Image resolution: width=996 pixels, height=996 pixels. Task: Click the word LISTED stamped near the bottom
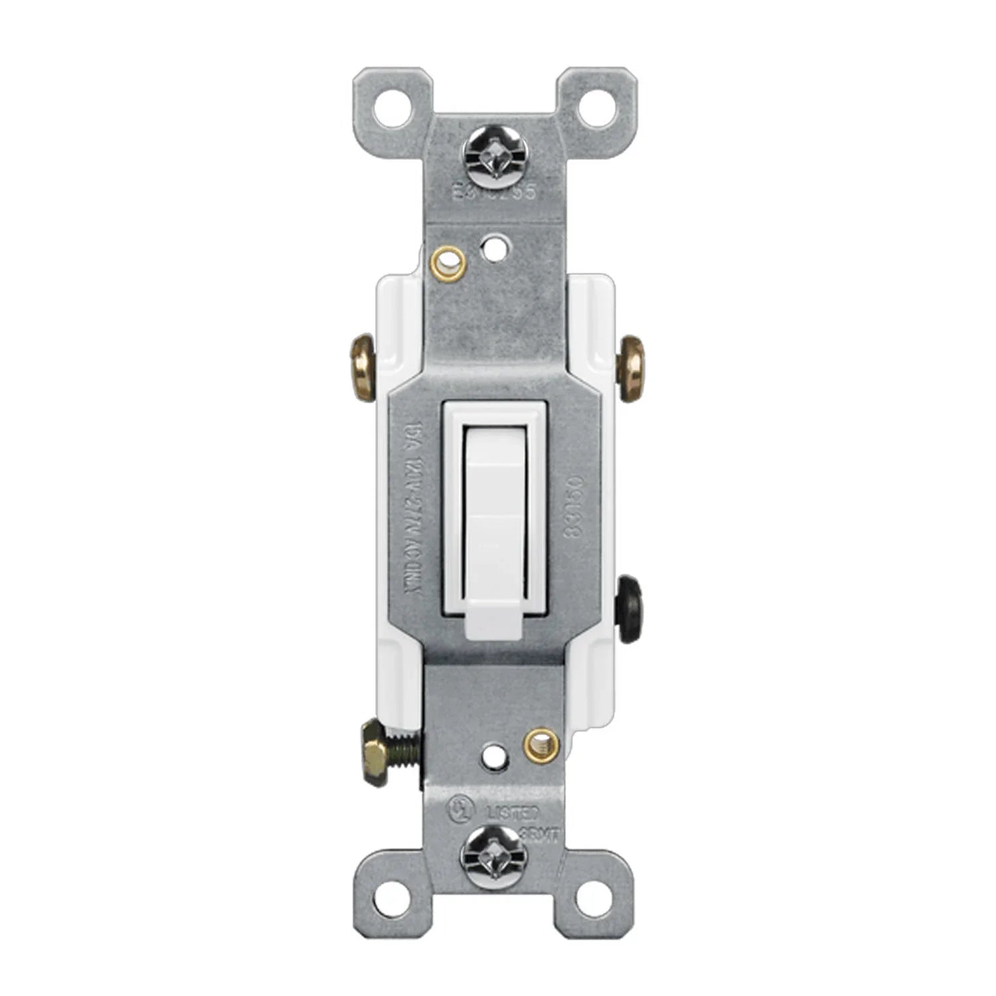click(513, 811)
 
